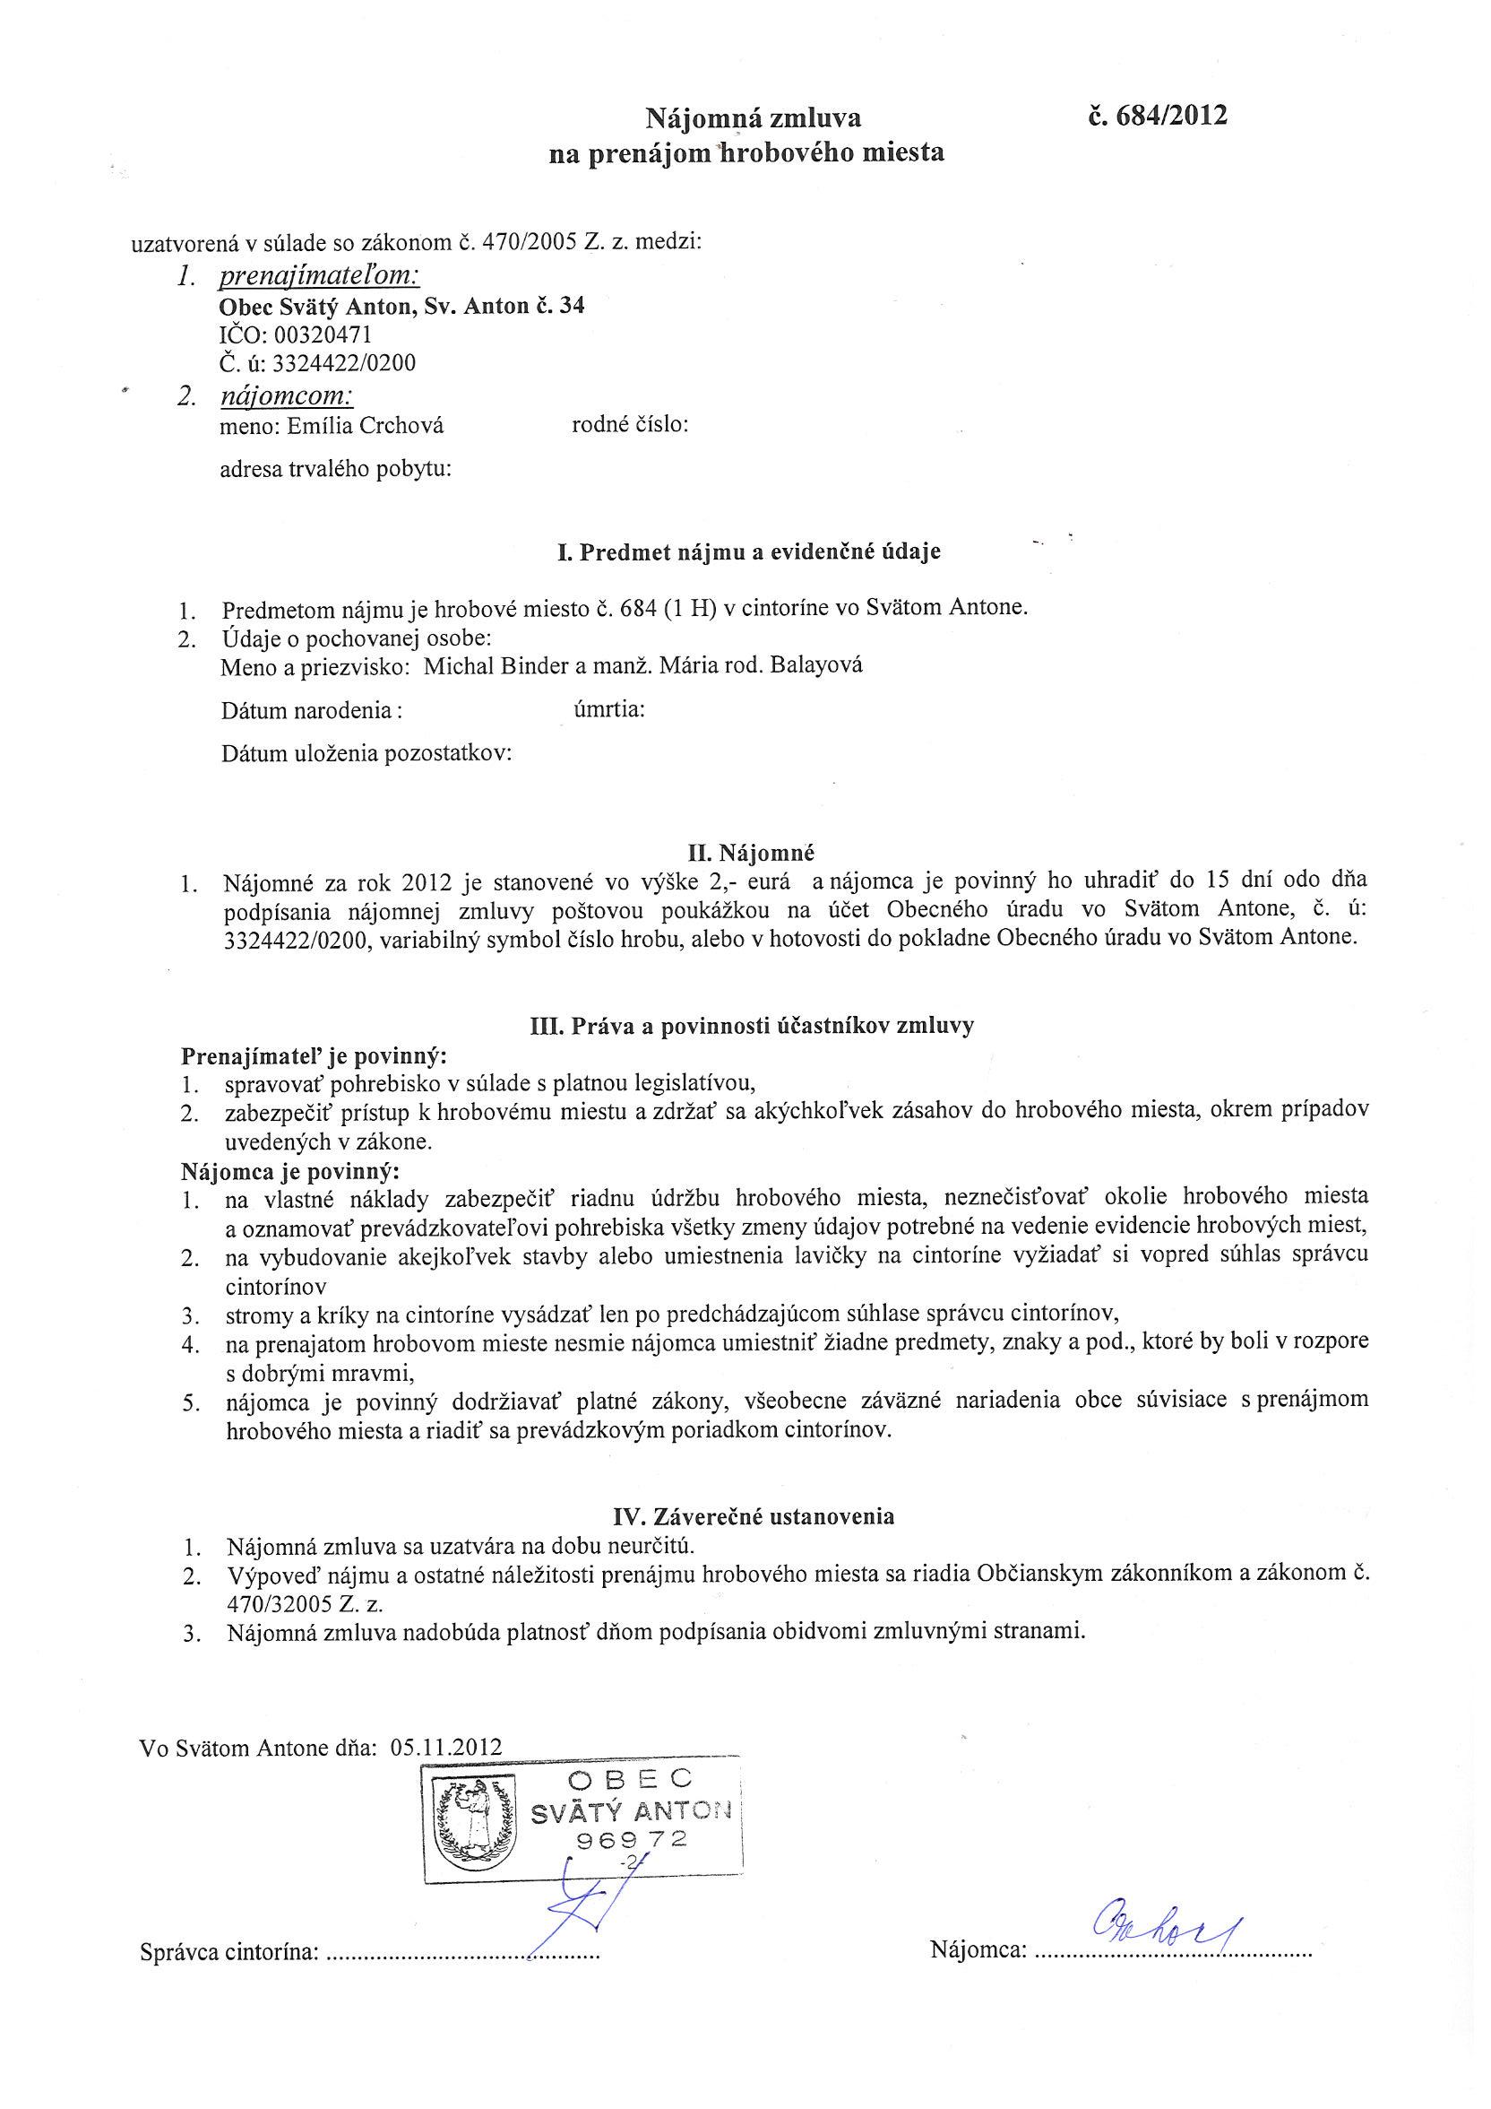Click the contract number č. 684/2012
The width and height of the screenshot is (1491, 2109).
[1157, 116]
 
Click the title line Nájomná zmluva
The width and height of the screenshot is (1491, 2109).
[752, 118]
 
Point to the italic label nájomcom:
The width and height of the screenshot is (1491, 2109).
[287, 396]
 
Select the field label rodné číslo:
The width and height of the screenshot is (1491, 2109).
[630, 425]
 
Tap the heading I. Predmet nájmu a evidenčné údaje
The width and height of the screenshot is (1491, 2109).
[748, 552]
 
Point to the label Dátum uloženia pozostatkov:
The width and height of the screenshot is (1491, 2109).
[366, 754]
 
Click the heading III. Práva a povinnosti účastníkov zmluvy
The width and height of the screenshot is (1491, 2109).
[752, 1026]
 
